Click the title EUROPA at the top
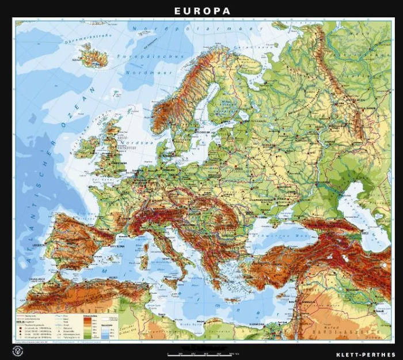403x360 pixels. [x=202, y=11]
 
